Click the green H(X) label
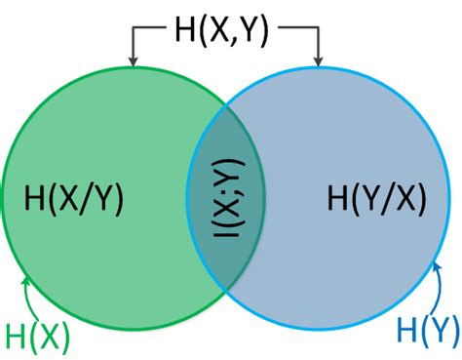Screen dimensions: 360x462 [x=38, y=336]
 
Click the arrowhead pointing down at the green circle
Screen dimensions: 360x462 [x=133, y=62]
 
